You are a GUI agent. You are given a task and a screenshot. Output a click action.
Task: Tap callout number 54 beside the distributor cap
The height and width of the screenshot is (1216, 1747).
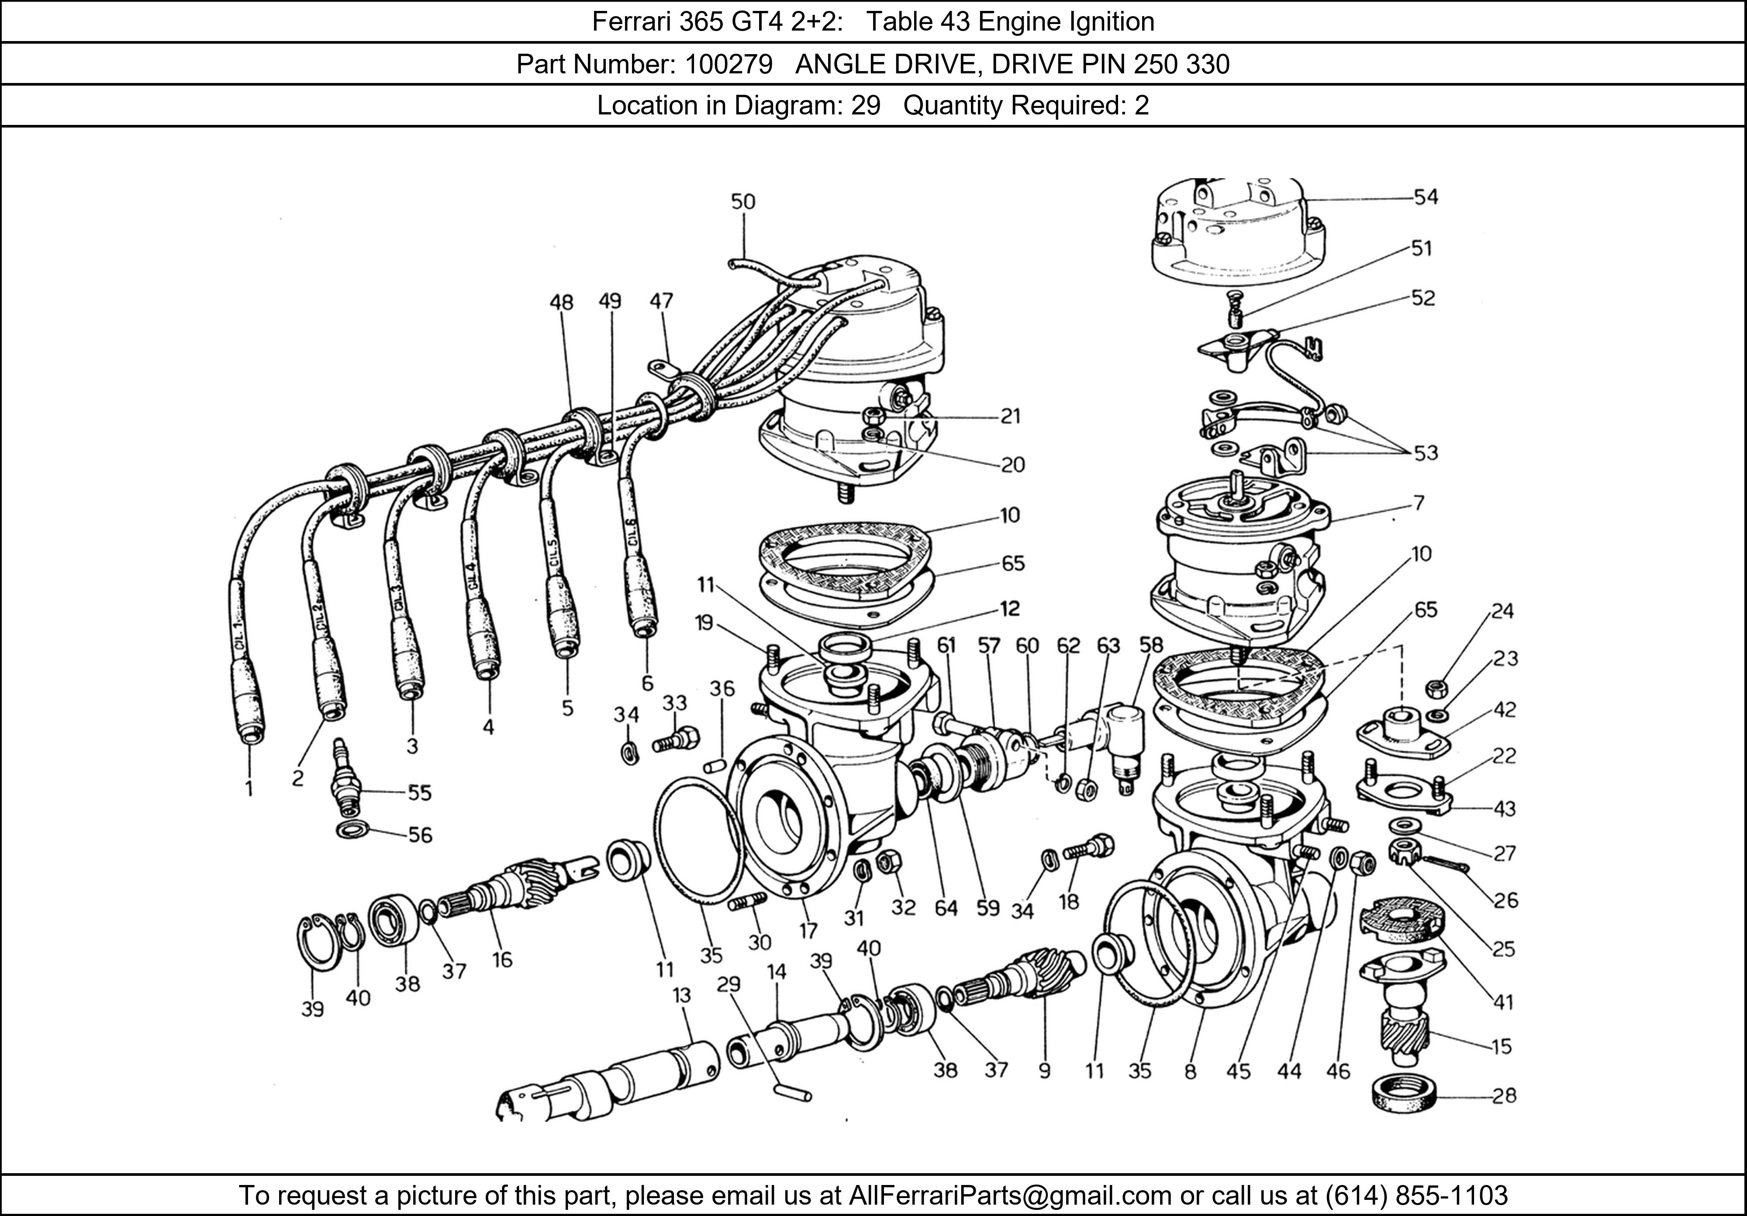(x=1426, y=197)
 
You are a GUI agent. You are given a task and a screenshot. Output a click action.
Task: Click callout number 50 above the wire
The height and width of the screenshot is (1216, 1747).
(x=742, y=202)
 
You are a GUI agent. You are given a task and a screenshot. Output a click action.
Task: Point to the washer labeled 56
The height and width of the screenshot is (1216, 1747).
(x=353, y=829)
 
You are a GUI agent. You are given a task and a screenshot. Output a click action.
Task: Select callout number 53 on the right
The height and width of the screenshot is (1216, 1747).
(x=1426, y=453)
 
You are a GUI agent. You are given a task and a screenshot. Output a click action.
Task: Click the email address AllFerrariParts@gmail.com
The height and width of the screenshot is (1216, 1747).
(x=1010, y=1195)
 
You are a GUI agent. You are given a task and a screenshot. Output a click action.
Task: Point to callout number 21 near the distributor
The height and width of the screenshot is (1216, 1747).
(x=1010, y=416)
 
